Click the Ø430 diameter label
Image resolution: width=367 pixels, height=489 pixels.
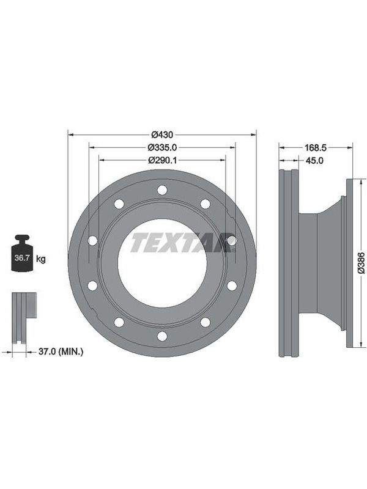point(162,134)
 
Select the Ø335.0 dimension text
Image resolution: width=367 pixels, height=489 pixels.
point(162,147)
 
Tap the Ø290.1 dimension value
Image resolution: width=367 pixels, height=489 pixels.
point(162,160)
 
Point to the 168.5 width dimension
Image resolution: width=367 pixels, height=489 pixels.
point(316,147)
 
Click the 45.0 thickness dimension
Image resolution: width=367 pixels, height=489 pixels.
point(314,161)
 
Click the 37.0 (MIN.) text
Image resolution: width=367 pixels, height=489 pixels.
point(61,352)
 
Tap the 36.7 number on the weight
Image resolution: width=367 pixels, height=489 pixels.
point(22,258)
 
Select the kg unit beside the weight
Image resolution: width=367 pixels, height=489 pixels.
point(40,259)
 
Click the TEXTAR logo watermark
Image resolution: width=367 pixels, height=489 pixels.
point(182,242)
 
